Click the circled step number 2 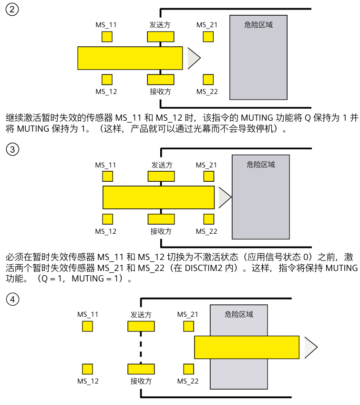pyautogui.click(x=12, y=10)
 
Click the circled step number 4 pyautogui.click(x=12, y=299)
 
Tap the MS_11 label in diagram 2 pyautogui.click(x=106, y=25)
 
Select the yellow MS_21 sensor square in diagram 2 pyautogui.click(x=207, y=37)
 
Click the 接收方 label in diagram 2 pyautogui.click(x=160, y=92)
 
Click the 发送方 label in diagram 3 pyautogui.click(x=162, y=165)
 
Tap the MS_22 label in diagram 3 pyautogui.click(x=206, y=231)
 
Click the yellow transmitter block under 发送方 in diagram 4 pyautogui.click(x=141, y=326)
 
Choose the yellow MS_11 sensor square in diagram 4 pyautogui.click(x=87, y=326)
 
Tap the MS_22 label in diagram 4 pyautogui.click(x=188, y=381)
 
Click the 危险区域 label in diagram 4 pyautogui.click(x=239, y=314)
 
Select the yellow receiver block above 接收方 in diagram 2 pyautogui.click(x=160, y=79)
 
